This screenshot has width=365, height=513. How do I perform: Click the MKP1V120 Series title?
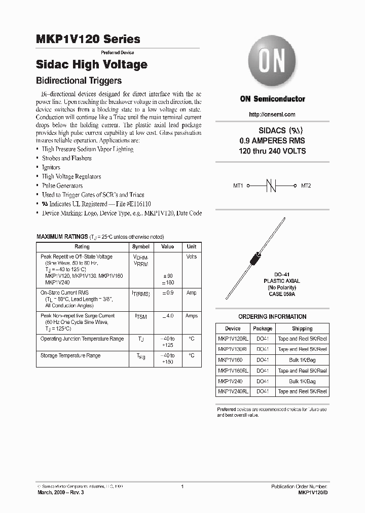click(88, 39)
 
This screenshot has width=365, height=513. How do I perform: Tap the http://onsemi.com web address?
click(273, 115)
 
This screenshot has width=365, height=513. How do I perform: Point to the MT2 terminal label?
click(306, 186)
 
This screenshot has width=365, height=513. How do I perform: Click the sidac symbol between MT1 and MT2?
click(273, 186)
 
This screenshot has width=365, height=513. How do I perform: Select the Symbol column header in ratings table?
click(140, 246)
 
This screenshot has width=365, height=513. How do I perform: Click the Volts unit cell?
click(191, 257)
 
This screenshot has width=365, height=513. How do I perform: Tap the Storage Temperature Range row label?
click(70, 356)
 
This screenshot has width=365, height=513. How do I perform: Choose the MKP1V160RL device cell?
click(233, 371)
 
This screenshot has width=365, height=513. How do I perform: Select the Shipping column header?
click(302, 328)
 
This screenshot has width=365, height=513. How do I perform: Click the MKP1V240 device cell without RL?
click(230, 381)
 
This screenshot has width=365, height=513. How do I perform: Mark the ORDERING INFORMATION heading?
click(272, 317)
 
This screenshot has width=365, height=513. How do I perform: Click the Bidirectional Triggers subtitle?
click(79, 81)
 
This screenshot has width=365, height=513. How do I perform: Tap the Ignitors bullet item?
click(51, 167)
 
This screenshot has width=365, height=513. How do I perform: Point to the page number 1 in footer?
click(182, 486)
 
